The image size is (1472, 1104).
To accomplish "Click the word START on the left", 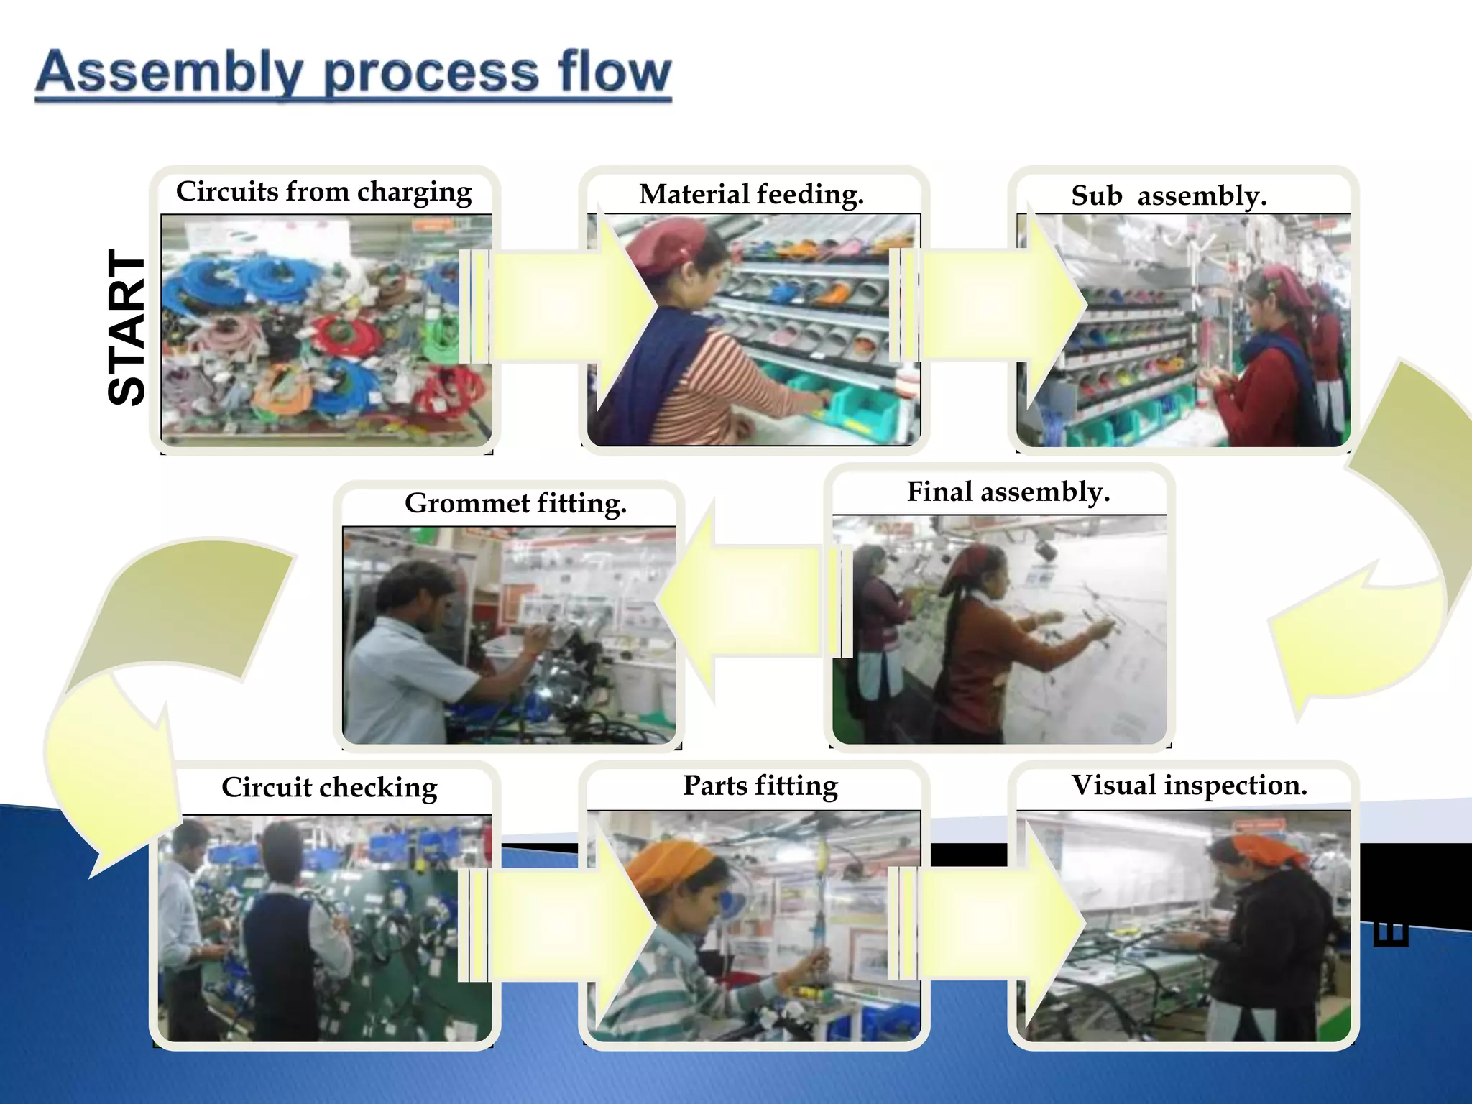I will pos(126,328).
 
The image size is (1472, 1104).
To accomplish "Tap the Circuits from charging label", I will pos(324,192).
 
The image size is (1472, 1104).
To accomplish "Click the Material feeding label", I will pos(751,194).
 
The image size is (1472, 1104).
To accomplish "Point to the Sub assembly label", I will pos(1169,195).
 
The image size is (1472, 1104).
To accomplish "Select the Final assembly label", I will pos(1008,492).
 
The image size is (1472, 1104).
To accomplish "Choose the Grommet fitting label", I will pos(515,503).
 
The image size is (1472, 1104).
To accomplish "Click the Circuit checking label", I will pos(329,787).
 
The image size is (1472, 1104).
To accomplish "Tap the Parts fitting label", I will pos(760,786).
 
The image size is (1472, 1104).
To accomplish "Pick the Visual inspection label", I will pos(1189,785).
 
